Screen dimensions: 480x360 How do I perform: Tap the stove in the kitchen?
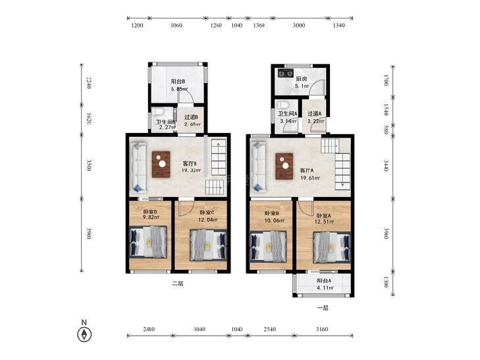click(x=286, y=73)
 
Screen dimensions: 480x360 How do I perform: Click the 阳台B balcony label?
click(x=178, y=82)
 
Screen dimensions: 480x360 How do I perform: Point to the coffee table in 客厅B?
click(x=161, y=164)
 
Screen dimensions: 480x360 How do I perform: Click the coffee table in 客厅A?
click(x=284, y=166)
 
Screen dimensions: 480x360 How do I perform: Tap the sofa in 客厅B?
click(x=139, y=167)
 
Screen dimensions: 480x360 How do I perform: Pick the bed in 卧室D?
click(x=148, y=242)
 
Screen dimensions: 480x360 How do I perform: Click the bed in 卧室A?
click(x=332, y=247)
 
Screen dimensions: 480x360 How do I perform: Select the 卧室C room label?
click(x=207, y=213)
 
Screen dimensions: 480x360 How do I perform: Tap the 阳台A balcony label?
click(x=324, y=281)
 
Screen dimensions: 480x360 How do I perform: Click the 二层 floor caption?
click(x=178, y=284)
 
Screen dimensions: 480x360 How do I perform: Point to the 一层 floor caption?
click(x=323, y=308)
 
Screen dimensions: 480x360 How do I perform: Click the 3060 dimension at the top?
click(x=176, y=26)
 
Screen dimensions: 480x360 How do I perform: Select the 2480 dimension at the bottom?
click(x=149, y=329)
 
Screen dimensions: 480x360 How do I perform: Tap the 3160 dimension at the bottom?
click(x=322, y=329)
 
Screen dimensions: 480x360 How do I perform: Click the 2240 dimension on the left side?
click(x=89, y=83)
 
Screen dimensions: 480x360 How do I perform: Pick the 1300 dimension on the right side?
click(x=386, y=282)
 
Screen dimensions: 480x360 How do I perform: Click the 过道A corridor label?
click(x=315, y=113)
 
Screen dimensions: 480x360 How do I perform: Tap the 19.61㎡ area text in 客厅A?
click(x=310, y=178)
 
